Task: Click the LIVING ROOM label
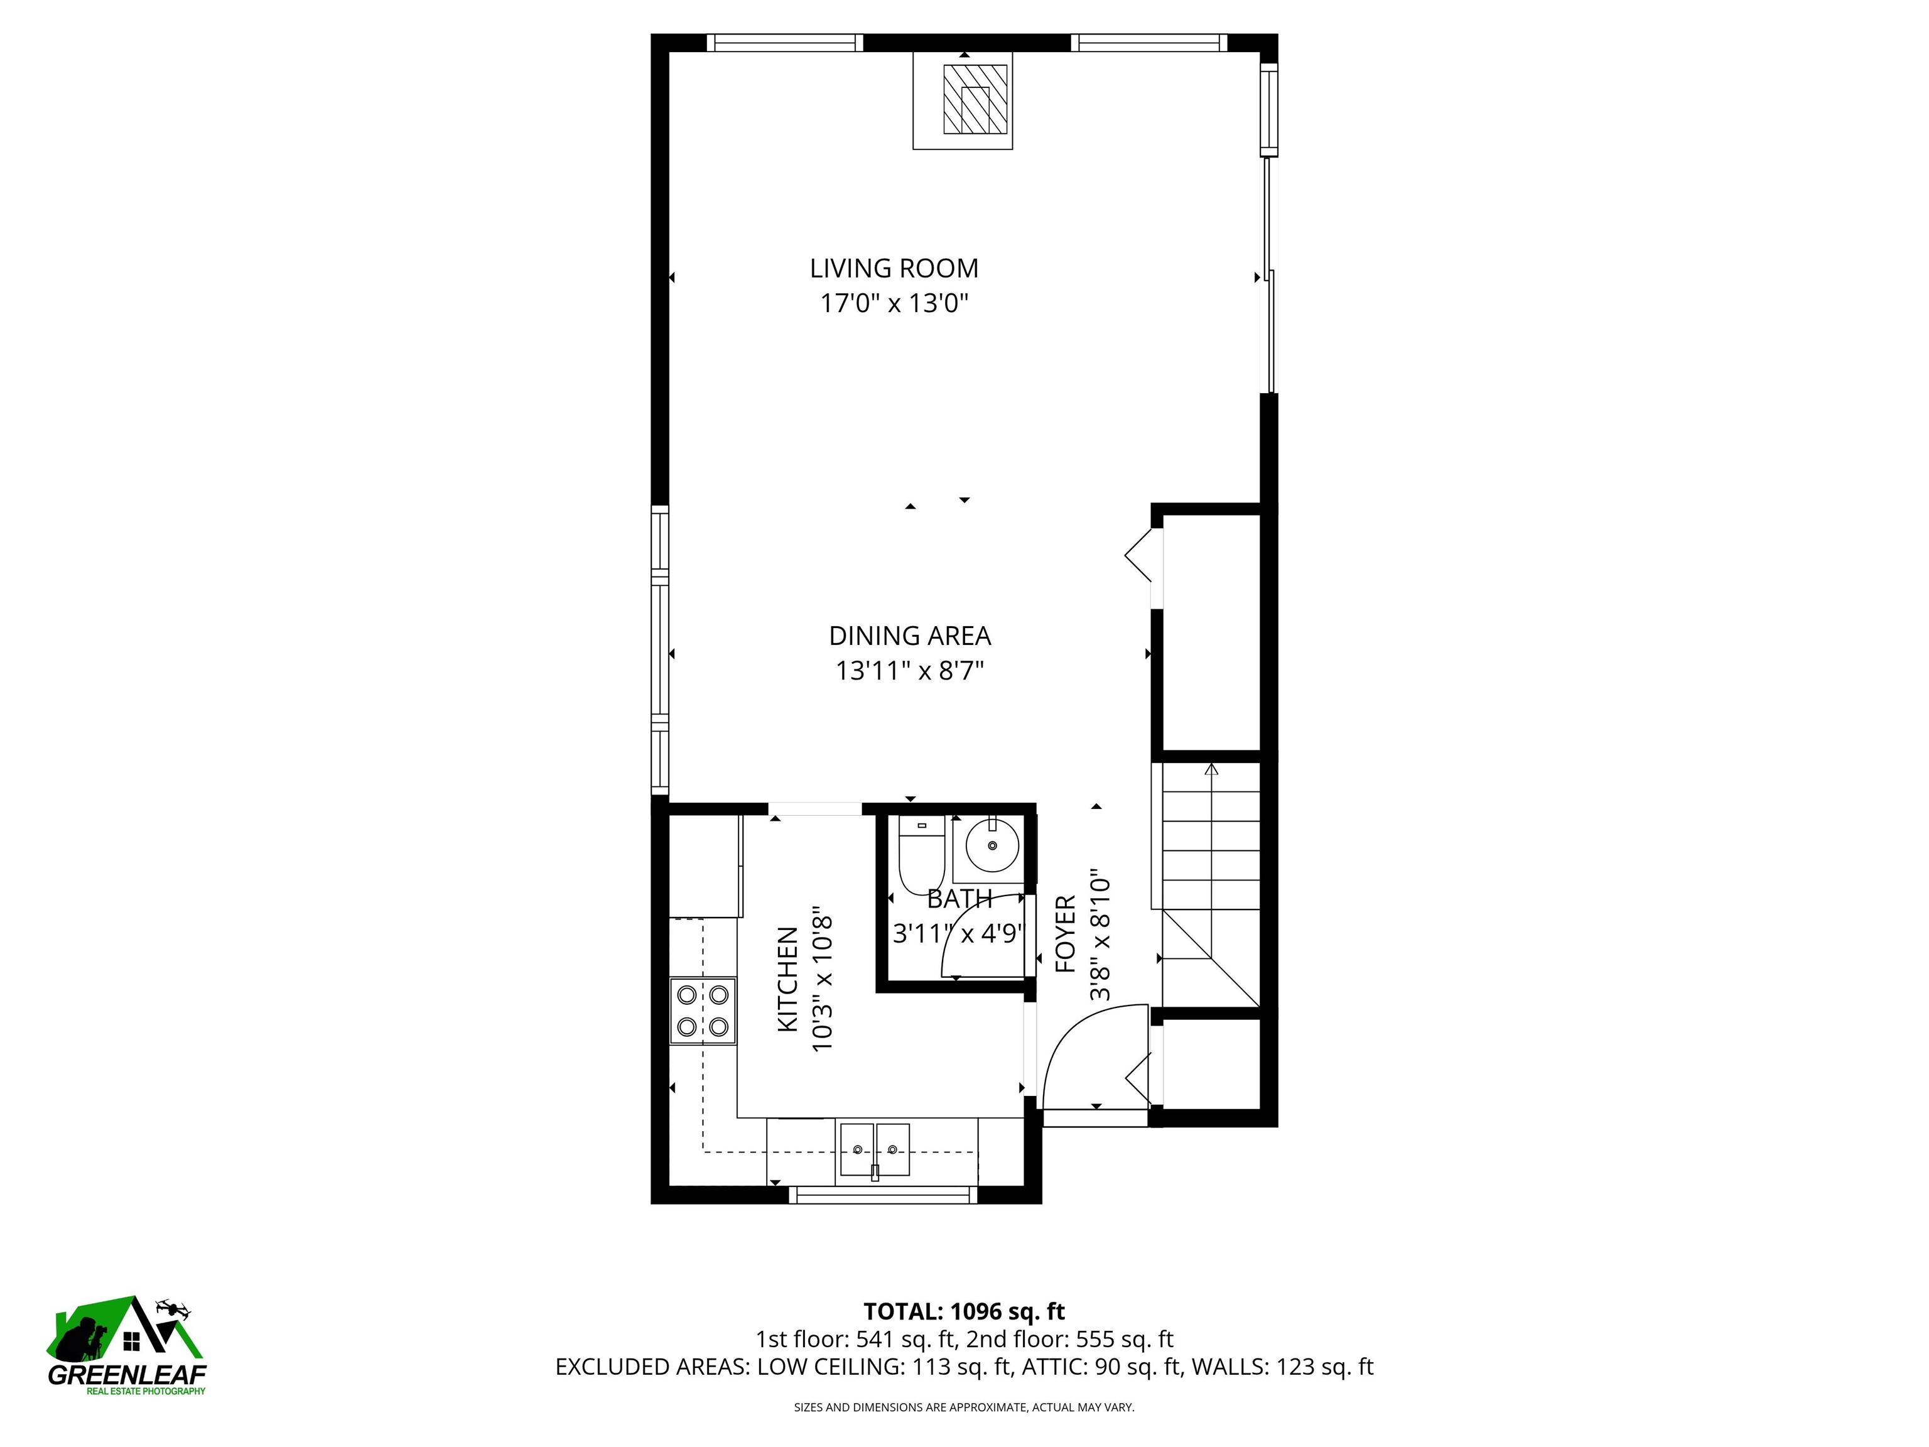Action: [894, 268]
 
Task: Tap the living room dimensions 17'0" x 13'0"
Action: [895, 303]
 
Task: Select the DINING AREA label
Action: [910, 636]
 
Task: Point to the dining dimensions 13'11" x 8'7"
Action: [910, 671]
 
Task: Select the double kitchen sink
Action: [875, 1149]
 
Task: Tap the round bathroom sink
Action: [992, 845]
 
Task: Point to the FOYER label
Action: [1066, 934]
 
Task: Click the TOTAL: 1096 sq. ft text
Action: [964, 1311]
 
